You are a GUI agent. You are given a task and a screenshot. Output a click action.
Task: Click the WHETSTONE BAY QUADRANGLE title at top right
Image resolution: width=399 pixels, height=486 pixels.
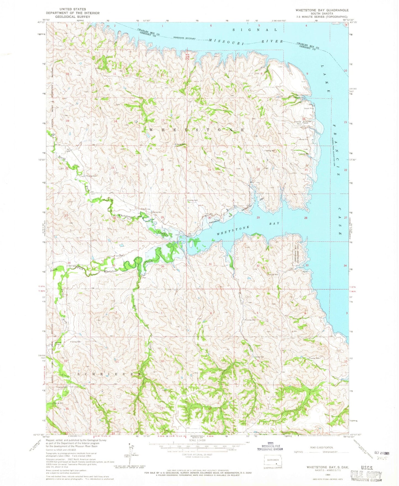pyautogui.click(x=322, y=10)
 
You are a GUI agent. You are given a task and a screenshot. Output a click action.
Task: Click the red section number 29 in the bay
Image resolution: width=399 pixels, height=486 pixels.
pyautogui.click(x=258, y=218)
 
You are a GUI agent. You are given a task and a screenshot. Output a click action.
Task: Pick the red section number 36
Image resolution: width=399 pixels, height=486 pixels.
pyautogui.click(x=163, y=266)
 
